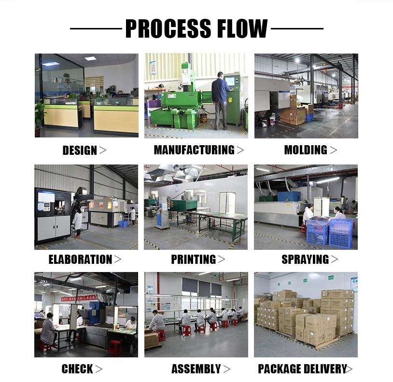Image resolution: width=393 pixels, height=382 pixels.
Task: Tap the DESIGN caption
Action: [x=80, y=150]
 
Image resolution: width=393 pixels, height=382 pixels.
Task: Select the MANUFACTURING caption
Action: [x=194, y=150]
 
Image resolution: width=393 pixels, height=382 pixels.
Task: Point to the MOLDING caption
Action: [x=306, y=150]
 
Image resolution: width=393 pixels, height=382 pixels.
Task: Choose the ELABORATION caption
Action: [x=80, y=259]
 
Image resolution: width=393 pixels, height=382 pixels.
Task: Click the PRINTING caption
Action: [x=193, y=259]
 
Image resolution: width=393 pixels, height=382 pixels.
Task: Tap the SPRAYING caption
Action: [x=305, y=259]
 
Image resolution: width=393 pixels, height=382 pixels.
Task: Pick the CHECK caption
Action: [x=77, y=369]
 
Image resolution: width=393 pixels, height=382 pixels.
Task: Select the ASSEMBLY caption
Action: [x=196, y=369]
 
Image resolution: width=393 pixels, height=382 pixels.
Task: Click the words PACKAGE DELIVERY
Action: [x=302, y=369]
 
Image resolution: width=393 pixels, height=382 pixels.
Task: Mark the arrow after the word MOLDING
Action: [x=333, y=150]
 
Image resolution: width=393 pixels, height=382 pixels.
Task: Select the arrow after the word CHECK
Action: [x=98, y=369]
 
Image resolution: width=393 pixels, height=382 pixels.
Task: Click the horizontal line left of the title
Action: [x=96, y=28]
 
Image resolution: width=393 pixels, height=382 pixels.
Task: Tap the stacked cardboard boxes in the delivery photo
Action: [x=304, y=316]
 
